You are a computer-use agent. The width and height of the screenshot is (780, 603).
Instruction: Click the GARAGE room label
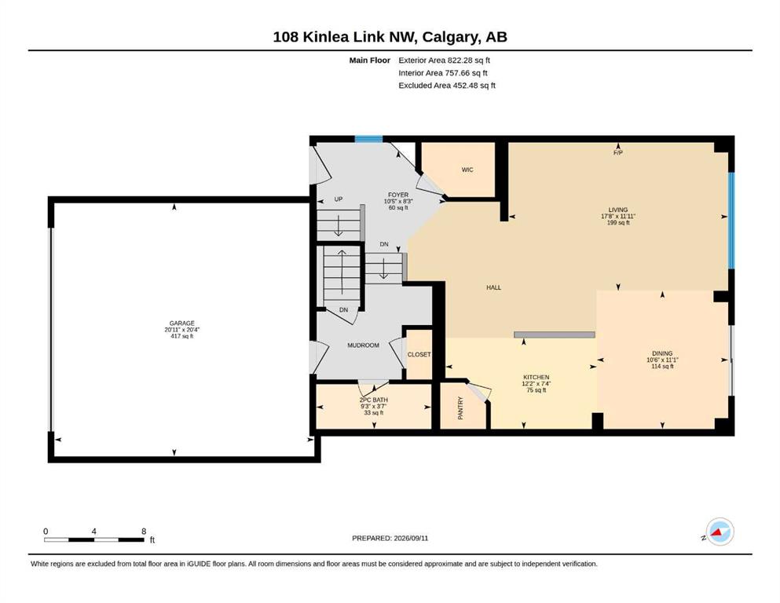click(x=181, y=323)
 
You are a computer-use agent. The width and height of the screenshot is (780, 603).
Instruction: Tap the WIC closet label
click(x=467, y=170)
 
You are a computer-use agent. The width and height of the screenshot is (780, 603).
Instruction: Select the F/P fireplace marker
click(x=618, y=153)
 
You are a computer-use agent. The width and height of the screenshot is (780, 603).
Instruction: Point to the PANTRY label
click(x=460, y=407)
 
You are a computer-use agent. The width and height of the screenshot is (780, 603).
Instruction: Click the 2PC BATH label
click(x=374, y=400)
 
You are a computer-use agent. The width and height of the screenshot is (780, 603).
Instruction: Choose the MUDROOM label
click(x=363, y=345)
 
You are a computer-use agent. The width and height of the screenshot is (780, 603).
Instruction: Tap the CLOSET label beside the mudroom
click(x=419, y=354)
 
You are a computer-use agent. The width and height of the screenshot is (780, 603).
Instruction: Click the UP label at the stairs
click(x=339, y=199)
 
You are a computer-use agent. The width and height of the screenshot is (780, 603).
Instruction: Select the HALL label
click(x=493, y=287)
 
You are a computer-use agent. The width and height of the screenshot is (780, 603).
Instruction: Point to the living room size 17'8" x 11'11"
click(x=618, y=216)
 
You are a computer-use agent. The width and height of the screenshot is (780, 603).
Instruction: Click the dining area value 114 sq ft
click(x=662, y=367)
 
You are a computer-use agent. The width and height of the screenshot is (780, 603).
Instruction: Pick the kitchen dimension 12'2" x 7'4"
click(x=536, y=384)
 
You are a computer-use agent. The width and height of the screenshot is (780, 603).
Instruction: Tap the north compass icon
click(x=720, y=532)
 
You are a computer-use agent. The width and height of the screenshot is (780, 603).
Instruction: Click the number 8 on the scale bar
click(x=144, y=532)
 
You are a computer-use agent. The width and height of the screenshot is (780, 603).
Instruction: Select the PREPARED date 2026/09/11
click(x=411, y=538)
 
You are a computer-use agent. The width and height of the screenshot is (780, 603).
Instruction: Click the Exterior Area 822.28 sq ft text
click(x=445, y=60)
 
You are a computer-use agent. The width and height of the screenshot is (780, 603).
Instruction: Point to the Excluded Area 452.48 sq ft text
click(x=447, y=86)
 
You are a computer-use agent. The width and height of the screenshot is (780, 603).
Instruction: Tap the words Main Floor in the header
click(x=370, y=60)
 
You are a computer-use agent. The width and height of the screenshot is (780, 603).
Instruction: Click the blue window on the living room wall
click(x=731, y=221)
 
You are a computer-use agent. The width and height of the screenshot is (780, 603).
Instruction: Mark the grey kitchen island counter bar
click(x=554, y=335)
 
